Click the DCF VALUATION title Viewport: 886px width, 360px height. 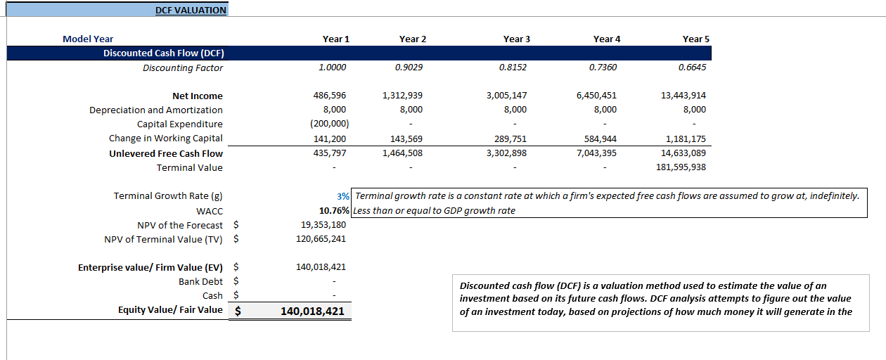[x=191, y=10]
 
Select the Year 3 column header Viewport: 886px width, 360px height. [x=517, y=39]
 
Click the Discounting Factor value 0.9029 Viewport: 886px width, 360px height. [x=409, y=67]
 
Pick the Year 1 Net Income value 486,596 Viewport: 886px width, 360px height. [x=330, y=96]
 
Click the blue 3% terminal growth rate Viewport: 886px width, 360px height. [x=344, y=196]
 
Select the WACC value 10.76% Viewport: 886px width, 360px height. [x=334, y=210]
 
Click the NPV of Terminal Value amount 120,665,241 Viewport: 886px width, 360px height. [x=321, y=239]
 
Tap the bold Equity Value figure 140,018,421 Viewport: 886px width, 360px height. [x=312, y=311]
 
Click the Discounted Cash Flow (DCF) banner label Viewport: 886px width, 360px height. [x=163, y=53]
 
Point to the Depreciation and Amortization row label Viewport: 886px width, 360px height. [x=156, y=110]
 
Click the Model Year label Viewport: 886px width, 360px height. [x=88, y=39]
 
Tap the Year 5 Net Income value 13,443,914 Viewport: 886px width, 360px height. [x=683, y=96]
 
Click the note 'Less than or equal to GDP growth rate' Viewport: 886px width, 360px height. [x=434, y=210]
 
